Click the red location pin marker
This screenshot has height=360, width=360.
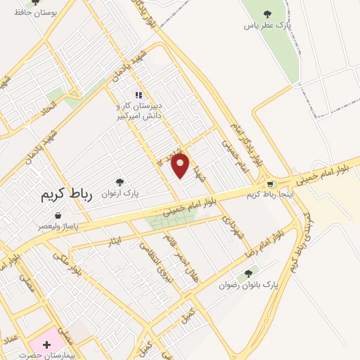coord(181,166)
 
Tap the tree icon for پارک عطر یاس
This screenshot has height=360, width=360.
coord(266,14)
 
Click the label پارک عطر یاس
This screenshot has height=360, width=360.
coord(266,25)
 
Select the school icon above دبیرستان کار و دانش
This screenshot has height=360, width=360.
coord(139,95)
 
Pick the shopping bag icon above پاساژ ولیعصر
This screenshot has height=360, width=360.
coord(58,216)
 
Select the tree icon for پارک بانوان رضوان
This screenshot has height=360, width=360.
coord(247,274)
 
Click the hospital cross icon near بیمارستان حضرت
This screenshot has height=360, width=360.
coord(46,345)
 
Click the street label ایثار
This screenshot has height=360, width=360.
coord(113,242)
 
